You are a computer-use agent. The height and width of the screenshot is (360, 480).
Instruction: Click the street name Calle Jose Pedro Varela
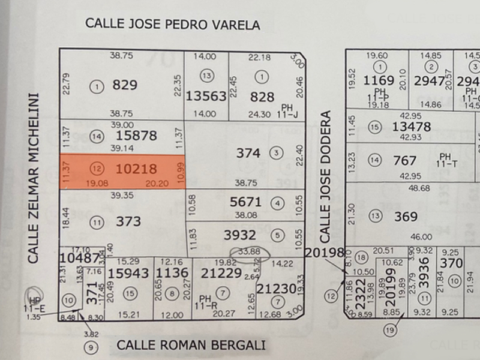tap(173, 25)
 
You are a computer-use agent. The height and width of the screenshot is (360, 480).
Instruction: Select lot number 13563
tap(206, 97)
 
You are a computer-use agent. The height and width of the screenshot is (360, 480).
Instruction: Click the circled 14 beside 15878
tap(97, 136)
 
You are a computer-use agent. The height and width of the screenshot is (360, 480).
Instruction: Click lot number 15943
tap(128, 273)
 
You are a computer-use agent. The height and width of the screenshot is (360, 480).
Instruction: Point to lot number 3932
tap(239, 235)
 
